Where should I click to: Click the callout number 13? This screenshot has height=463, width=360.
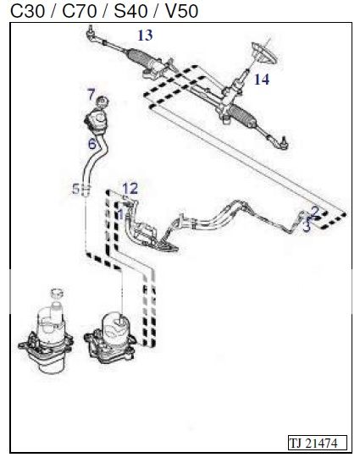[x=145, y=35]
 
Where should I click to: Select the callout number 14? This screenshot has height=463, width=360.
[x=262, y=80]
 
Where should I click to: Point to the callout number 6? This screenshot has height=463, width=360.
[x=91, y=144]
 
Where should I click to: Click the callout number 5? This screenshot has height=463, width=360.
[x=75, y=188]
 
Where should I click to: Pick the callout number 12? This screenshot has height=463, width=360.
[x=130, y=187]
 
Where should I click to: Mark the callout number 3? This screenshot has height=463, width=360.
[x=307, y=228]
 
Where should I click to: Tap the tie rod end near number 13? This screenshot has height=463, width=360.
[x=91, y=34]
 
